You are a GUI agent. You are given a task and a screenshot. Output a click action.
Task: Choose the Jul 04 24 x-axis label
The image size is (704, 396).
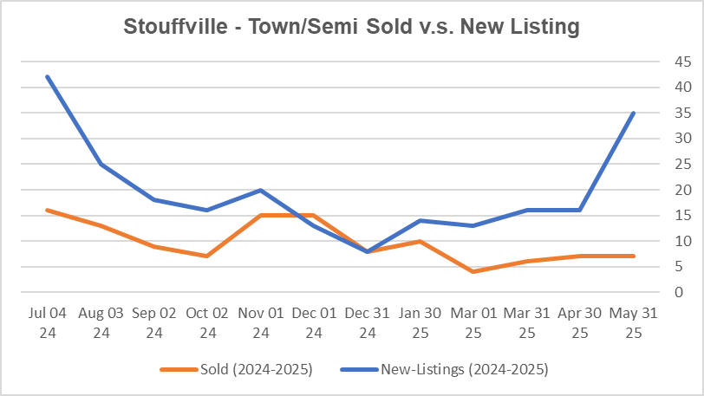(x=49, y=322)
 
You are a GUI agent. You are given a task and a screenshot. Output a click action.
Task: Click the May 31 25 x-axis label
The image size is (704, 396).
(x=634, y=322)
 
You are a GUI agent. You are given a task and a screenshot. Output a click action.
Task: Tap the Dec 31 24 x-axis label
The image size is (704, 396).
(x=368, y=322)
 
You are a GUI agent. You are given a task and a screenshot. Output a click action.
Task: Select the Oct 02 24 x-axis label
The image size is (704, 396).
(x=208, y=322)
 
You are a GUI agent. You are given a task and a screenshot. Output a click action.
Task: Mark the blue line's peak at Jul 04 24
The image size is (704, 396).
(x=49, y=77)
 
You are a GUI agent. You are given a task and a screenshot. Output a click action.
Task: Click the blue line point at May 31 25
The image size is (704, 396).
(x=634, y=113)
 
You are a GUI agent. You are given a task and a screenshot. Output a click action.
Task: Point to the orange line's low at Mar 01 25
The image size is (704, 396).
(x=474, y=271)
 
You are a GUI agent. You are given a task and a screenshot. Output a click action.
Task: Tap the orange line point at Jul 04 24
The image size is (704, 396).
(x=49, y=210)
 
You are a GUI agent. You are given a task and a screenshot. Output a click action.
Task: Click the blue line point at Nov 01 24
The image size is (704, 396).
(x=261, y=190)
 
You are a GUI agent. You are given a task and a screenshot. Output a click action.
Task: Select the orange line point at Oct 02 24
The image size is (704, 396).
(x=208, y=256)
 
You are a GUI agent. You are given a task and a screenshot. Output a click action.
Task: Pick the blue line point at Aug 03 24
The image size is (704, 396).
(x=101, y=164)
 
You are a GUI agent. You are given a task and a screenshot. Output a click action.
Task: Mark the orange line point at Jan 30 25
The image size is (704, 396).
(x=420, y=241)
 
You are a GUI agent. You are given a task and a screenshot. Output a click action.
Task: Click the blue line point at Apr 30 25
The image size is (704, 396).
(x=580, y=210)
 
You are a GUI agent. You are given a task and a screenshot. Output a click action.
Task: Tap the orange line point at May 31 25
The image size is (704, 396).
(x=634, y=256)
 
